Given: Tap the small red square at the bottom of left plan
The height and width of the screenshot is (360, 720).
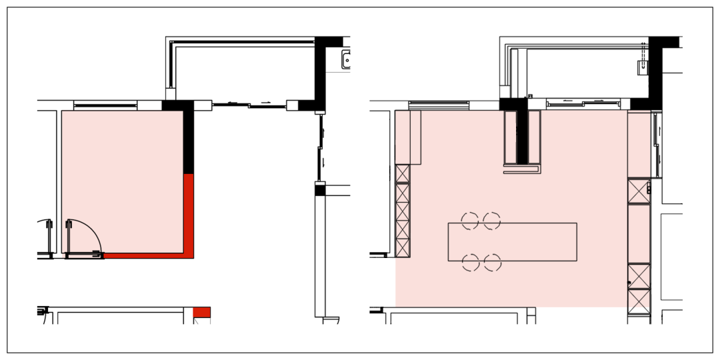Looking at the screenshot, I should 201,312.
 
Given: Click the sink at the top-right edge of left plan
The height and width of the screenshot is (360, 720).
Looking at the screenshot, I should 347,61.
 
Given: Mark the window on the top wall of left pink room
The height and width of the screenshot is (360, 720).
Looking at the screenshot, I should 105,105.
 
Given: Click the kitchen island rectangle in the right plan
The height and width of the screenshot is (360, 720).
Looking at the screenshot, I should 512,241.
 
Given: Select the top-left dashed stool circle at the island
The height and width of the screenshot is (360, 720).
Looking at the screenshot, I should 471,220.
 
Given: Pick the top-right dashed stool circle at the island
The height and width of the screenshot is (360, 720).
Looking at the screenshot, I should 492,220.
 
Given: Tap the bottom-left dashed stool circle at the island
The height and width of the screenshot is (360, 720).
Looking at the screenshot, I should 471,263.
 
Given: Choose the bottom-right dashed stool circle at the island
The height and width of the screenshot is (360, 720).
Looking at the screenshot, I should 492,263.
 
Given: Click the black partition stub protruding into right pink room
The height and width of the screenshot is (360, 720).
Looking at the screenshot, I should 522,137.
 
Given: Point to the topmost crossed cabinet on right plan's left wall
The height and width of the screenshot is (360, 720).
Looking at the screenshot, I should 402,173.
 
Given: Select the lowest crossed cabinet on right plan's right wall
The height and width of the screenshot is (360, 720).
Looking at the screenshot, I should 638,297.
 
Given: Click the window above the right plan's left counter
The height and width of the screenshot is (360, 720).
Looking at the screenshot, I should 439,105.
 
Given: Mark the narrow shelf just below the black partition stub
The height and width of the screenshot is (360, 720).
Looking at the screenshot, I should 522,171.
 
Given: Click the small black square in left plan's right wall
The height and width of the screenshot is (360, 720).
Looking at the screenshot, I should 320,191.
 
